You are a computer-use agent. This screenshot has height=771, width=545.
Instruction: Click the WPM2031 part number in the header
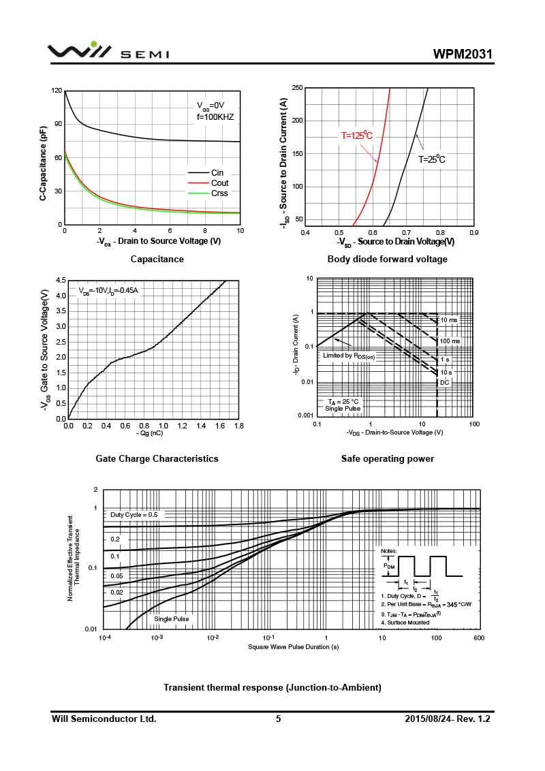point(462,54)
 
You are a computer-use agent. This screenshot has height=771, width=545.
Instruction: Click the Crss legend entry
point(219,193)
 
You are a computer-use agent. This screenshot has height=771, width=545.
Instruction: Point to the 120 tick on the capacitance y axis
point(57,91)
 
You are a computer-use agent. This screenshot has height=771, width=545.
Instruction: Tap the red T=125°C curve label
point(357,136)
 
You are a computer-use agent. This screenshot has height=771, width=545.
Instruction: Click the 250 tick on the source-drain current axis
point(297,88)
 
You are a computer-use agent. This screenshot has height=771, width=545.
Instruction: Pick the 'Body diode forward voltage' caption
point(387,259)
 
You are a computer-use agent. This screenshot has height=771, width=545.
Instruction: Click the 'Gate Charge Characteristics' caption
point(157,458)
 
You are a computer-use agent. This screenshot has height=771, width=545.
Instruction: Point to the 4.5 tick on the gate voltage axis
point(61,280)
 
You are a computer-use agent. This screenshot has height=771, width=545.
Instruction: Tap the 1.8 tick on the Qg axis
point(239,426)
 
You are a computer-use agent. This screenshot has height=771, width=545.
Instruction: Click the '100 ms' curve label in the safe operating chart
point(450,341)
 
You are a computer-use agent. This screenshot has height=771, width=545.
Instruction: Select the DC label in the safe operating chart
point(444,382)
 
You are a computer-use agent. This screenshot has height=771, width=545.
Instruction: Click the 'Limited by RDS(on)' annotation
point(349,356)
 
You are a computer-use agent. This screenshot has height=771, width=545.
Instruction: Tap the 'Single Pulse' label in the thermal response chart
point(171,618)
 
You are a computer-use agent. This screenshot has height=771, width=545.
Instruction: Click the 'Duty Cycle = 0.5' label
point(134,515)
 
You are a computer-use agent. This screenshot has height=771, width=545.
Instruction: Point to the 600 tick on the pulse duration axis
point(479,638)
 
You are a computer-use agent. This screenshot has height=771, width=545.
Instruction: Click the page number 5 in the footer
point(278,719)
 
